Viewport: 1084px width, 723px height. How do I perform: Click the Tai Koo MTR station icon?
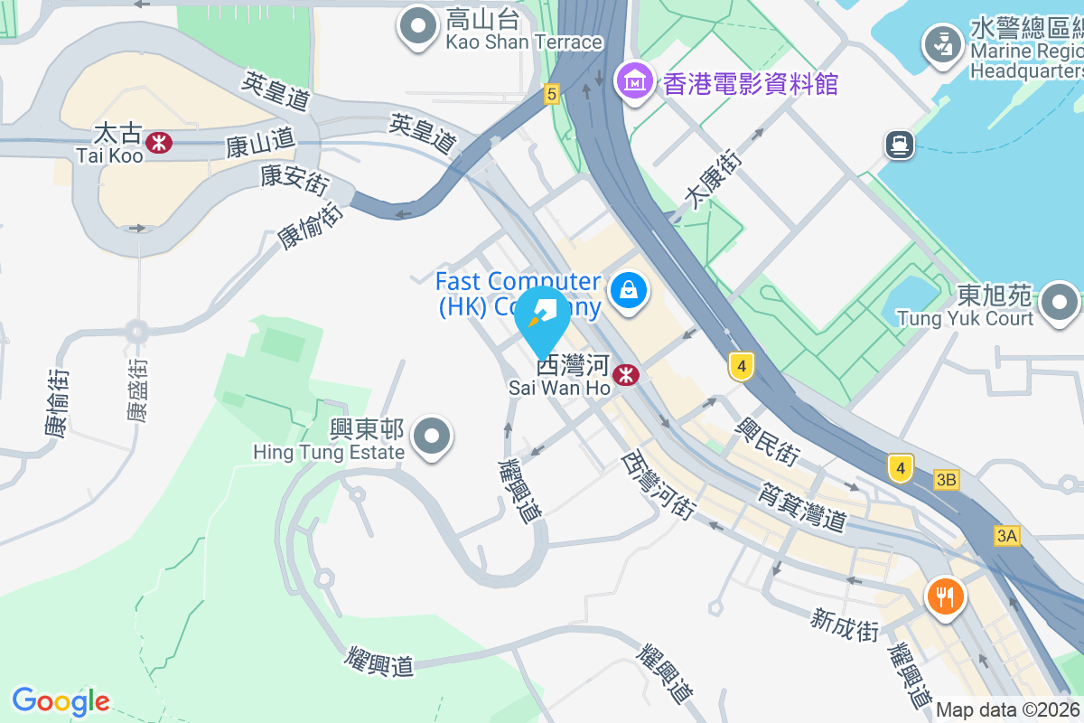[159, 142]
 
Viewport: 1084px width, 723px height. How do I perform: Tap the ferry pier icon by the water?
[901, 144]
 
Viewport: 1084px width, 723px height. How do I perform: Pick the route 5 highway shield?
[552, 92]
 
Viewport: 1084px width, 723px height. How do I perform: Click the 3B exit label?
[947, 480]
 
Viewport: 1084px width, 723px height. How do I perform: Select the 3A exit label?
[1007, 536]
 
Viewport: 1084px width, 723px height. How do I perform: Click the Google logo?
[61, 701]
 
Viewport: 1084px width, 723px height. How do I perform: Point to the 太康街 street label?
[714, 181]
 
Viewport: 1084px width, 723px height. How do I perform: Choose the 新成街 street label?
[845, 625]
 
